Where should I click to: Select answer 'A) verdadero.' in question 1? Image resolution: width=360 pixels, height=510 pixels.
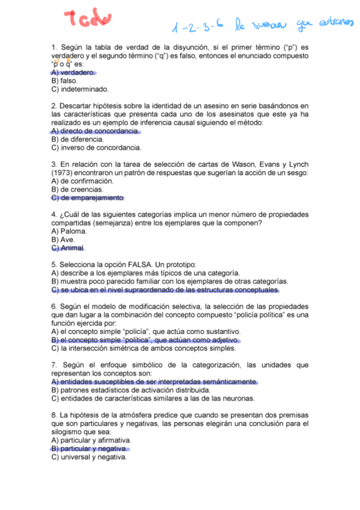[x=73, y=72]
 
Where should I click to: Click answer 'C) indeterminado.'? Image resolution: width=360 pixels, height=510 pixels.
[x=80, y=89]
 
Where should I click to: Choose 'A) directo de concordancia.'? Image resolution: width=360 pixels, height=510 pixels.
[x=96, y=131]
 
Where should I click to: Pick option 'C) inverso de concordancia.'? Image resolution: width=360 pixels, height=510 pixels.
[x=96, y=147]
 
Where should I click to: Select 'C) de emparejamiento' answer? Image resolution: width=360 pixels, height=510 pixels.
[x=87, y=198]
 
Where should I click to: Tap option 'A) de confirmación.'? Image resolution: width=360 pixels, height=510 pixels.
[x=82, y=181]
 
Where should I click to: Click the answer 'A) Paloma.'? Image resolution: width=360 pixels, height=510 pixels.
[x=69, y=231]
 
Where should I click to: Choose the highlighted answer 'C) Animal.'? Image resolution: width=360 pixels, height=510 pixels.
[x=69, y=248]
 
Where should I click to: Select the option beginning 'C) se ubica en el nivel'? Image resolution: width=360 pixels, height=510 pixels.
[x=165, y=289]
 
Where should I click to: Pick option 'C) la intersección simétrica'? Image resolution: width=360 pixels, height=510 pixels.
[x=144, y=348]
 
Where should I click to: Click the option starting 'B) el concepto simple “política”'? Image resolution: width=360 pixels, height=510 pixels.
[x=145, y=339]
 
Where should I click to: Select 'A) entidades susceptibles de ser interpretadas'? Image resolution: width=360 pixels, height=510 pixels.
[x=154, y=381]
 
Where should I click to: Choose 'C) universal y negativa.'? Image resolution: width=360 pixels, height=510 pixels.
[x=89, y=457]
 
